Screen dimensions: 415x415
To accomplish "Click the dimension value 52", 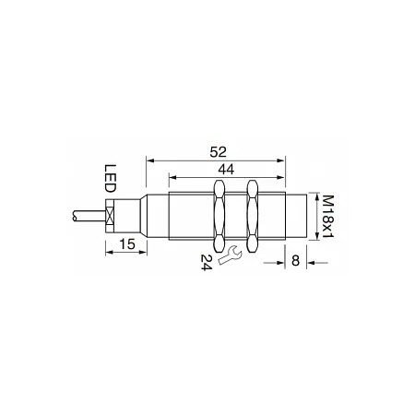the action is pyautogui.click(x=218, y=152).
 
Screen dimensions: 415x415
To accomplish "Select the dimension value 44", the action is pyautogui.click(x=226, y=170).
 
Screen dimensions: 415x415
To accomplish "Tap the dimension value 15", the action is pyautogui.click(x=127, y=244).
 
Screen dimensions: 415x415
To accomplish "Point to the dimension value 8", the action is pyautogui.click(x=295, y=261).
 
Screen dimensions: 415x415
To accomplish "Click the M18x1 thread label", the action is pyautogui.click(x=328, y=217).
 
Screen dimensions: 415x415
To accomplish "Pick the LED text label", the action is pyautogui.click(x=111, y=178).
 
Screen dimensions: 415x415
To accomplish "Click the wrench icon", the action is pyautogui.click(x=230, y=255).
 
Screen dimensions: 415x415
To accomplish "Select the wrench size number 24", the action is pyautogui.click(x=207, y=262).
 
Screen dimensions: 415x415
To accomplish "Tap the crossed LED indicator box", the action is pyautogui.click(x=110, y=216).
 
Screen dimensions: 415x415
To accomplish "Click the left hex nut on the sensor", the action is pyautogui.click(x=219, y=217).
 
